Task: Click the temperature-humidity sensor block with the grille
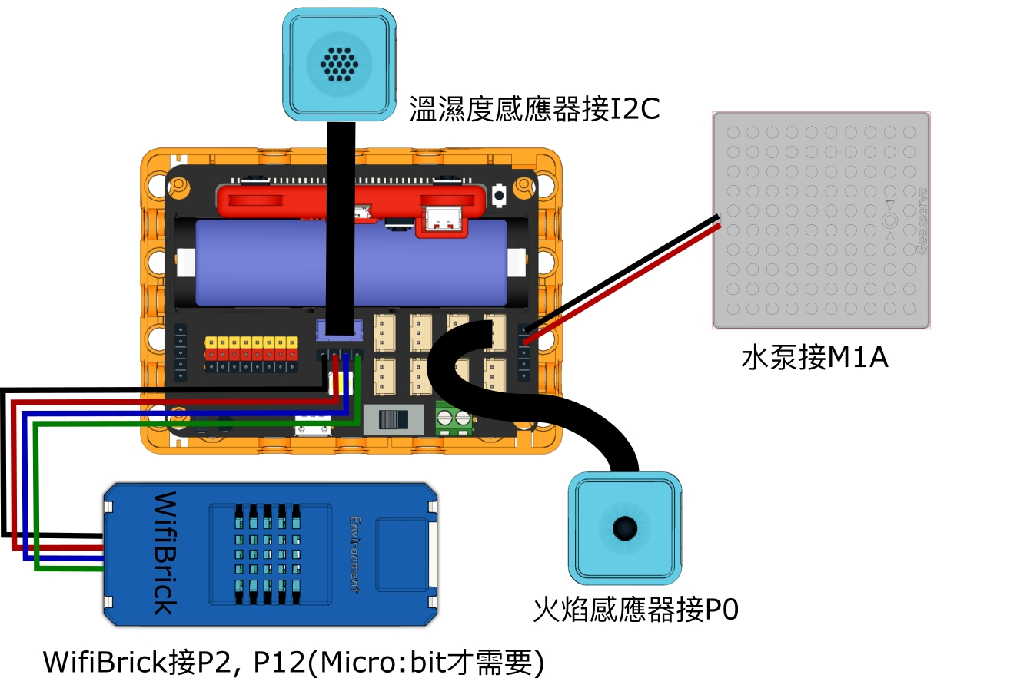[337, 61]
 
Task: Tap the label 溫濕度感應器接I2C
[534, 109]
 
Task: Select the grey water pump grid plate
[822, 221]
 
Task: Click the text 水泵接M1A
[814, 357]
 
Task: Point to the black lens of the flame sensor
[624, 528]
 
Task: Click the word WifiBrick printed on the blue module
[164, 554]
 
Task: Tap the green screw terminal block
[454, 418]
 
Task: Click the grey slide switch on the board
[394, 420]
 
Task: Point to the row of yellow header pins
[251, 341]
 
